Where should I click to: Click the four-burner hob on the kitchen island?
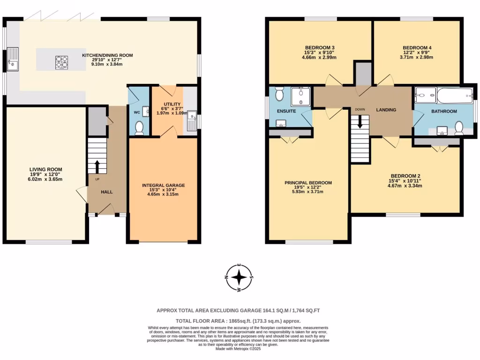(61, 62)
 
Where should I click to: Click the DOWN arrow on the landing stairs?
(360, 122)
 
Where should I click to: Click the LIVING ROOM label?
(45, 170)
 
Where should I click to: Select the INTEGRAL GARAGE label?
(163, 186)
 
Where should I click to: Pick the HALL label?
(106, 192)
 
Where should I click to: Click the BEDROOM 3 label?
(320, 48)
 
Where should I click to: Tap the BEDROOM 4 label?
(417, 48)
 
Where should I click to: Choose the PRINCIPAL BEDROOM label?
(308, 183)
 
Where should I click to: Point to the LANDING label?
(386, 110)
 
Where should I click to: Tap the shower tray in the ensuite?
(300, 96)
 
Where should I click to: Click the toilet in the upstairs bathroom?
(458, 127)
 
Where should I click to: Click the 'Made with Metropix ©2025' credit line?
(240, 349)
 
